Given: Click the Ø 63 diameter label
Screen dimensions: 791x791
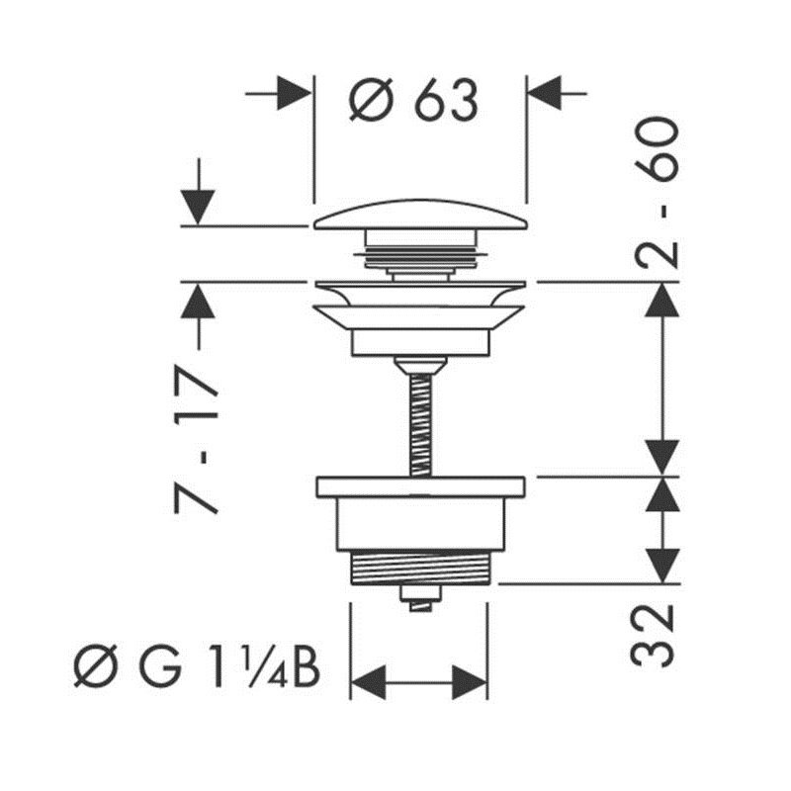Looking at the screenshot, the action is tap(413, 100).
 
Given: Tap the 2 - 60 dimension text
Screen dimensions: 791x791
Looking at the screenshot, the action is tap(657, 192).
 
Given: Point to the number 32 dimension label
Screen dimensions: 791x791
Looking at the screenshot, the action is tap(652, 636).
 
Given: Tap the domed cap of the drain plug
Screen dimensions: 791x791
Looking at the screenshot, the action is tap(420, 216).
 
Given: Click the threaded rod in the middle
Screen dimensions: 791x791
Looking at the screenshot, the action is tap(421, 425).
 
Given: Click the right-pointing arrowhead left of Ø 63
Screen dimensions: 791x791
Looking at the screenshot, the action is tap(294, 93).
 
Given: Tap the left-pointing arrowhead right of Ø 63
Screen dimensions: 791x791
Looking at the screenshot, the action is tap(545, 93).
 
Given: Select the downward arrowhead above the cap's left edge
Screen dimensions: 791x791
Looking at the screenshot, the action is tap(198, 208).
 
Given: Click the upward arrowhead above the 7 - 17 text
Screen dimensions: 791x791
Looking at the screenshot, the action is tap(198, 302).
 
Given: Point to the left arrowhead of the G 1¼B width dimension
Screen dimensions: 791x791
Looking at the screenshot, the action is tap(368, 682).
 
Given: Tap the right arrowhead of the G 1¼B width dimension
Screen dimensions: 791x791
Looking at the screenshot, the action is tap(470, 682).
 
